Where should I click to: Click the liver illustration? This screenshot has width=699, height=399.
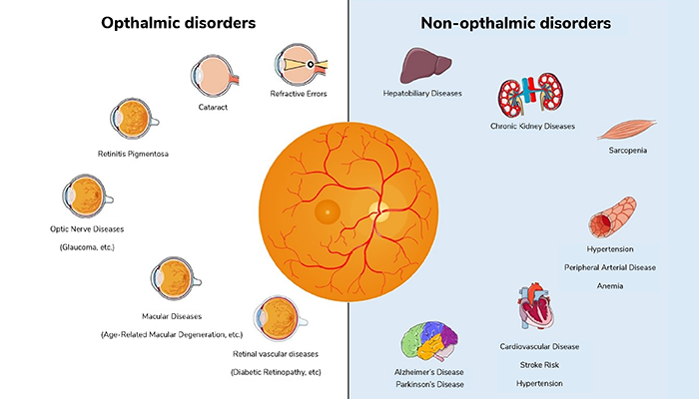point(424,66)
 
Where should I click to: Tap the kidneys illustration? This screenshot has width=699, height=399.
point(530,94)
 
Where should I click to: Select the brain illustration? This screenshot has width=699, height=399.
point(428,341)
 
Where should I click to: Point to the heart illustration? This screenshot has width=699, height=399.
point(535,306)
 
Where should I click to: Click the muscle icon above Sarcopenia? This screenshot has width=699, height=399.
point(626,130)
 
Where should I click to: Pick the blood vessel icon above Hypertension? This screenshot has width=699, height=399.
point(612,217)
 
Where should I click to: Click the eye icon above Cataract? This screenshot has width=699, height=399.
point(215,76)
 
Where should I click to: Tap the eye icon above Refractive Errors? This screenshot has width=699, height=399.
point(301,65)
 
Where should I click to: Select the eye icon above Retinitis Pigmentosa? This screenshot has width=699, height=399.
point(134,120)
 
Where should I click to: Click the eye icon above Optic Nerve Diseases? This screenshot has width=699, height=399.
point(87,196)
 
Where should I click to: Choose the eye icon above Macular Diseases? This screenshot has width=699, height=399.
point(175,278)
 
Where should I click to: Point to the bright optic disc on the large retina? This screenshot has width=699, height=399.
point(378,211)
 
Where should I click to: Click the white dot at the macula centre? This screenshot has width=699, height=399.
point(328,212)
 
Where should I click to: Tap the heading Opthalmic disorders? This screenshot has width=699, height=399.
point(179,23)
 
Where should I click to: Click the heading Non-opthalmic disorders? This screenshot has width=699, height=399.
point(516,23)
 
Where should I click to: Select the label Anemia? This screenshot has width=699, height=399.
point(610,286)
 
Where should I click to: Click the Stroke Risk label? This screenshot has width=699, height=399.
point(539,365)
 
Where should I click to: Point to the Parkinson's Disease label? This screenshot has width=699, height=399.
point(429,384)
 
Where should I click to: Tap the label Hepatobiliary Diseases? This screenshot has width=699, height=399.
point(422,94)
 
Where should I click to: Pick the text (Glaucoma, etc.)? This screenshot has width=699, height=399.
point(87,247)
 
